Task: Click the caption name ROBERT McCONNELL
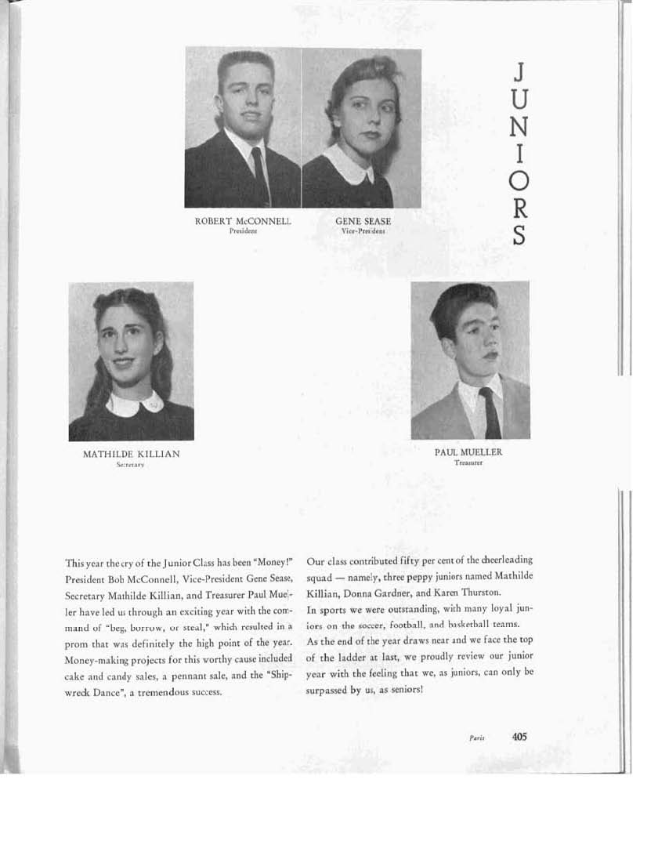243,222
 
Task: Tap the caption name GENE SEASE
363,222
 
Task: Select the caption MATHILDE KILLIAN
131,455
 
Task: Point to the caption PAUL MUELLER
468,452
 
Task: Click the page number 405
519,736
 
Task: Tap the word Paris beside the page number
477,738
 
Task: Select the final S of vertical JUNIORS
518,236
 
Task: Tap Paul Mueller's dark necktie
491,411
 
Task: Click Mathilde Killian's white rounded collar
134,404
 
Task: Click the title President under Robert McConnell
243,232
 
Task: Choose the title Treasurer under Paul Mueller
468,462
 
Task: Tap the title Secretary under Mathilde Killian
131,465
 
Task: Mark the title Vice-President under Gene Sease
363,232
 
